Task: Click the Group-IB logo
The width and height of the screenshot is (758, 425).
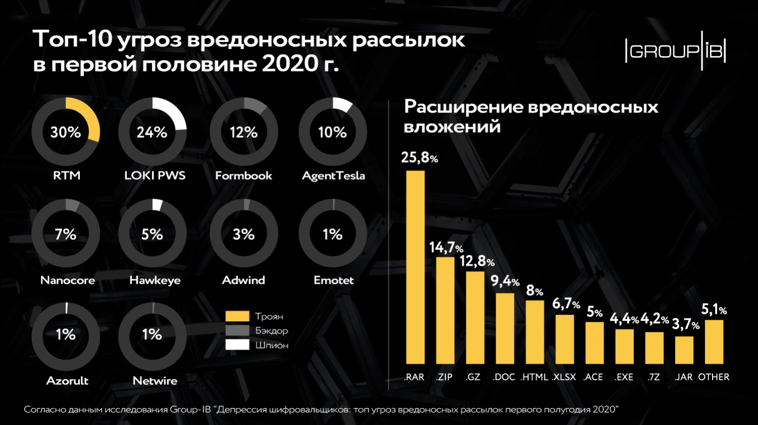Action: [x=676, y=51]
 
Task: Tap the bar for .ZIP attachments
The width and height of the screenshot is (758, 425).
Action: [x=445, y=311]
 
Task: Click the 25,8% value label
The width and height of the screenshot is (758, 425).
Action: [x=419, y=158]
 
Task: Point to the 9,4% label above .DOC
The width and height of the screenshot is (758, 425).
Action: [x=505, y=281]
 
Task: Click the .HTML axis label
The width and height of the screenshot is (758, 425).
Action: [x=534, y=377]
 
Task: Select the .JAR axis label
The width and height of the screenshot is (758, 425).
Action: [x=684, y=377]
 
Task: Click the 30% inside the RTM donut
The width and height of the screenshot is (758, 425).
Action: [x=66, y=133]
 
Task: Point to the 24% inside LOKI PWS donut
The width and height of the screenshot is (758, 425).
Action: [x=152, y=133]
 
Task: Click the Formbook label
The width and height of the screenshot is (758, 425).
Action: [x=244, y=176]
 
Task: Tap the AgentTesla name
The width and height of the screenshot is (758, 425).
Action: [x=333, y=176]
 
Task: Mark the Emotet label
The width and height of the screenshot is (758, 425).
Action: [x=334, y=280]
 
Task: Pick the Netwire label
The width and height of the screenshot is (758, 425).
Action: [x=155, y=380]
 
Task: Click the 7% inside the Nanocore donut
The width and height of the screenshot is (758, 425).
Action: [x=66, y=234]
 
